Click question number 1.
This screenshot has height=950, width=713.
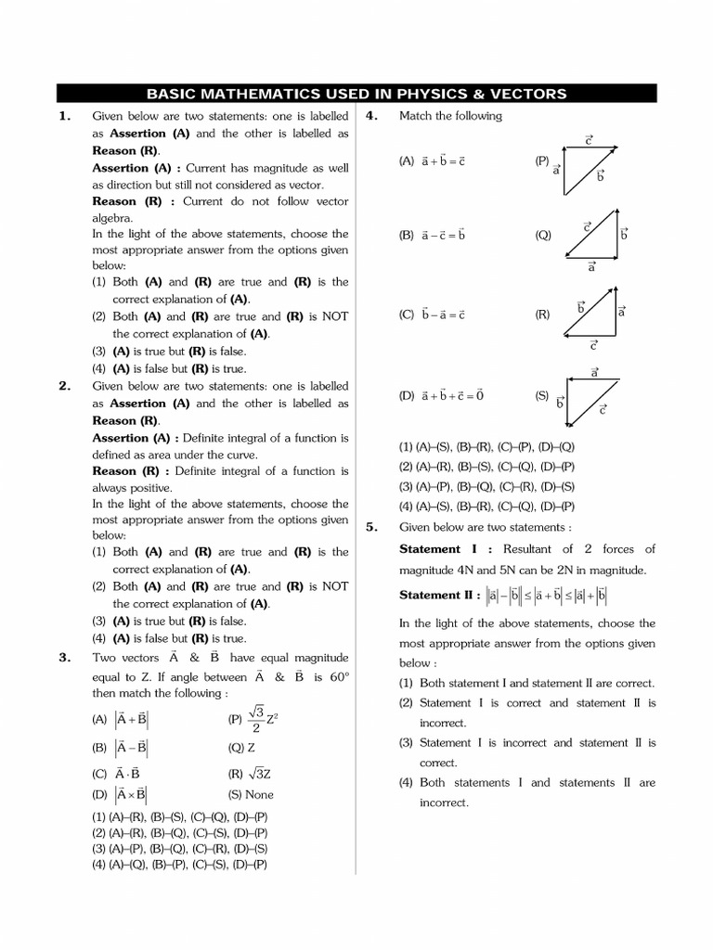(x=64, y=116)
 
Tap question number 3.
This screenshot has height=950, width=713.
(x=64, y=657)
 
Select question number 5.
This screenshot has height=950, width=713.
(x=371, y=526)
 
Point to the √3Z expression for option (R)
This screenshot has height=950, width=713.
(x=249, y=772)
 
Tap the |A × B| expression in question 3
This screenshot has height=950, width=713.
(x=131, y=795)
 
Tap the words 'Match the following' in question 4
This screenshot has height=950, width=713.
(x=450, y=116)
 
